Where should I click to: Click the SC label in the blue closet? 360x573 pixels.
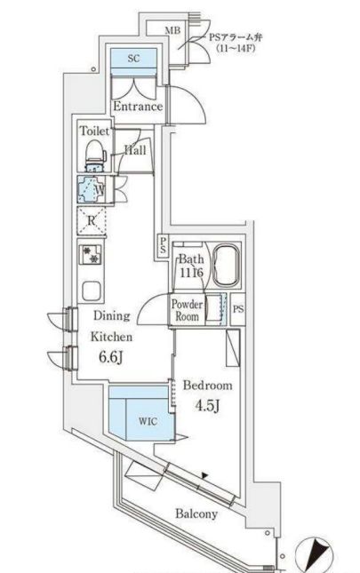click(133, 58)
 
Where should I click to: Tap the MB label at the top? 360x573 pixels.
click(172, 31)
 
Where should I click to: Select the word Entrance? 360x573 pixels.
click(138, 107)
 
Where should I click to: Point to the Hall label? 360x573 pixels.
click(135, 150)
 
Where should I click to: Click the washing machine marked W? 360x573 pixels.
click(91, 189)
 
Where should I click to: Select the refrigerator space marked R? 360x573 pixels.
click(92, 220)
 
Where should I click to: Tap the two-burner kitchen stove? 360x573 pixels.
click(91, 254)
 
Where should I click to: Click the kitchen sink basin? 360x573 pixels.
click(91, 290)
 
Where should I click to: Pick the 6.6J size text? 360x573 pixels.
click(110, 357)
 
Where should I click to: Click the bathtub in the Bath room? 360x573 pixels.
click(227, 266)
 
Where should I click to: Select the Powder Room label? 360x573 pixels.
click(187, 310)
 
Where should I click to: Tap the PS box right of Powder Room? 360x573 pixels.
click(238, 309)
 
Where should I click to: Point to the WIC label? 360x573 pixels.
click(148, 421)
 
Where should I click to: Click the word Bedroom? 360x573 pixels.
click(207, 386)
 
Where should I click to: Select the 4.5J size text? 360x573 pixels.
click(207, 405)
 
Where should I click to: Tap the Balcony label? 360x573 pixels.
click(196, 513)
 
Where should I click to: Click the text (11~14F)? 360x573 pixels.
click(236, 48)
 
